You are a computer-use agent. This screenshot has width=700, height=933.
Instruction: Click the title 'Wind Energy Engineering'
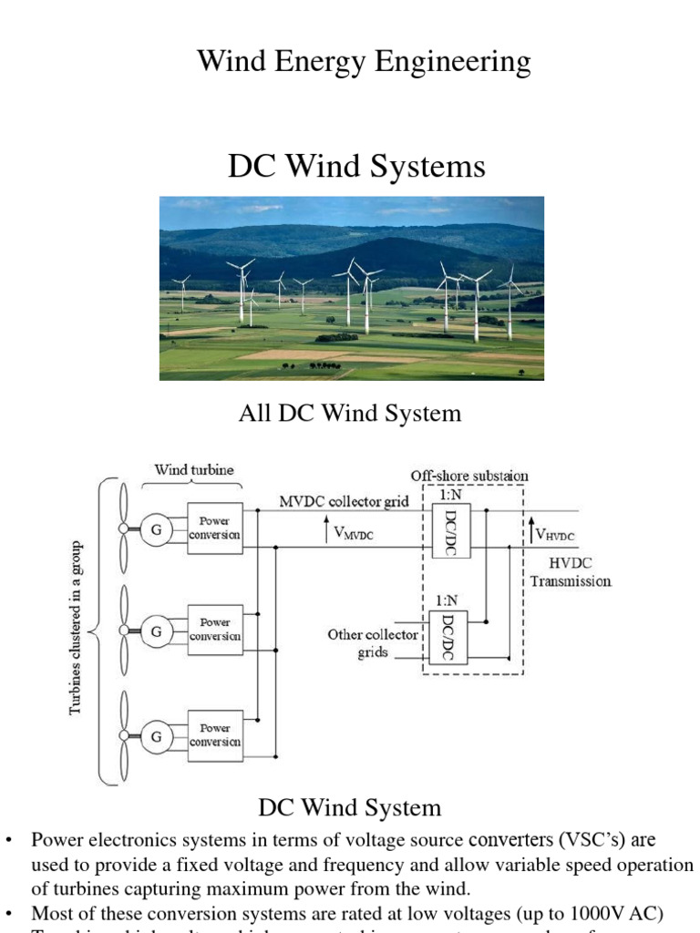(364, 62)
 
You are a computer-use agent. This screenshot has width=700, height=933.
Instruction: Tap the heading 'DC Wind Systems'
(355, 167)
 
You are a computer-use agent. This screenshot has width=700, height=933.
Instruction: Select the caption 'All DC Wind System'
(350, 414)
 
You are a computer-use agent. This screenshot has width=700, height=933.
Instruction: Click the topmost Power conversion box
(215, 528)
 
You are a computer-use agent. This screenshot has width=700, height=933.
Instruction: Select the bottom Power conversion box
(215, 735)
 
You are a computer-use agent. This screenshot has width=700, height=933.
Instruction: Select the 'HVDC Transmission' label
(571, 572)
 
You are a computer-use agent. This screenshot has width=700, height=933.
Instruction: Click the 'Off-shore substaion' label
(469, 476)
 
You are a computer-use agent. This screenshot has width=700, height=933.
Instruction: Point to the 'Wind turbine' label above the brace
(193, 470)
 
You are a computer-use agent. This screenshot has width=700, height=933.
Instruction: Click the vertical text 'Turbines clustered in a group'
(77, 629)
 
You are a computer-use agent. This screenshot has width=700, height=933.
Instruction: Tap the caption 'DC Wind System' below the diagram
(350, 807)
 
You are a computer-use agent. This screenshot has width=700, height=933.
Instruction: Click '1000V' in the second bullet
(595, 912)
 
